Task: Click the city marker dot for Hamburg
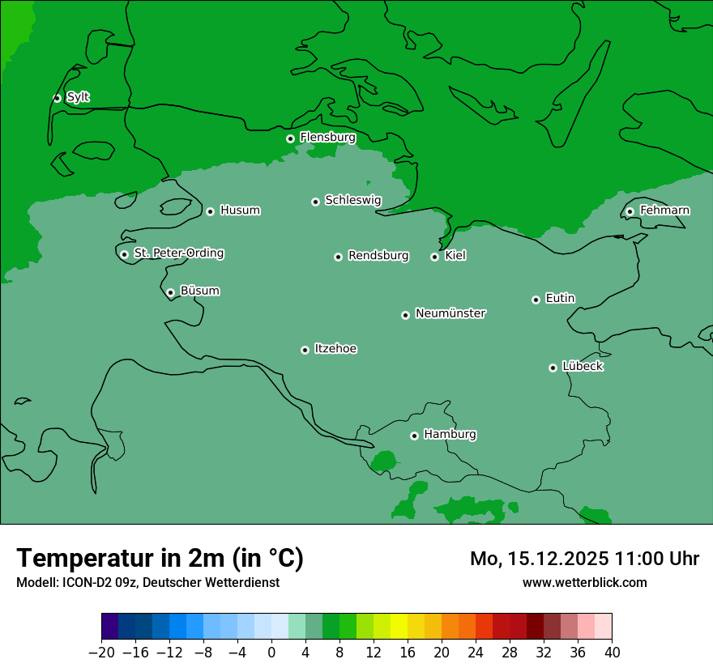414,436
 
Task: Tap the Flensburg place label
327,138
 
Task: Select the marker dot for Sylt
57,98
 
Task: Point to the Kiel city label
455,256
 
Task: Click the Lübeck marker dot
553,368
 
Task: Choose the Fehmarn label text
664,211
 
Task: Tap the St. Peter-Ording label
178,253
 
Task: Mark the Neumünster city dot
405,315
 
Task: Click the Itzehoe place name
335,349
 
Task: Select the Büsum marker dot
170,292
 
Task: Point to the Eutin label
560,299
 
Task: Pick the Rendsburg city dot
338,257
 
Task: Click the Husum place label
240,211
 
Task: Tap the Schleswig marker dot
315,202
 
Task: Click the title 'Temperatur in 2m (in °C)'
160,558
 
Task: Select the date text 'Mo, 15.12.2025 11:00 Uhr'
584,559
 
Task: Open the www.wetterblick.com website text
584,582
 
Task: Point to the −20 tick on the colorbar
102,653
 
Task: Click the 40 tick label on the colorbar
612,653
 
